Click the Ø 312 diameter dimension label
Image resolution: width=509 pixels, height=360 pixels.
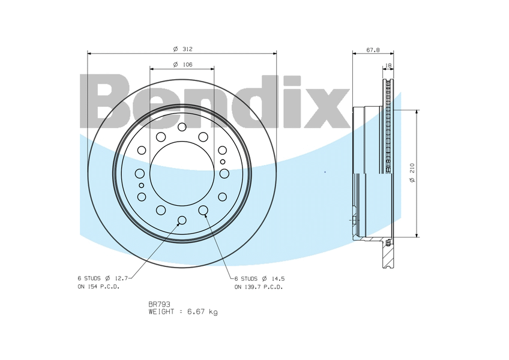tap(182, 49)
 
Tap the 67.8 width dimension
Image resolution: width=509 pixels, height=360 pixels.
tap(373, 50)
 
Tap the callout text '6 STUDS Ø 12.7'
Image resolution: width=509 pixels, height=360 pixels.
tap(103, 278)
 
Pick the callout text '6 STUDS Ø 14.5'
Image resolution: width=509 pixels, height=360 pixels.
tap(259, 278)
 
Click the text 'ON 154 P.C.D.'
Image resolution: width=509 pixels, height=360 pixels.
tap(98, 287)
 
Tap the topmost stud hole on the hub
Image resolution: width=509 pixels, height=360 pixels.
tap(182, 127)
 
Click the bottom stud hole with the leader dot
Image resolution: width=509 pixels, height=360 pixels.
tap(182, 220)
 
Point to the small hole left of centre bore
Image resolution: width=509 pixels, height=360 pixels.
tap(142, 185)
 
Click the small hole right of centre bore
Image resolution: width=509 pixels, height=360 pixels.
tap(223, 161)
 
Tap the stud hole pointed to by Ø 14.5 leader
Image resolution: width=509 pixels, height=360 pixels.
tap(203, 210)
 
